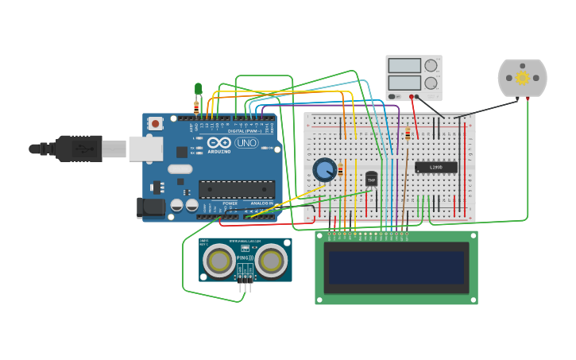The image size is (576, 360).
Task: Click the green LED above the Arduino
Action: click(x=198, y=88)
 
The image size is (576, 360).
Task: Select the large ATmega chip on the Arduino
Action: click(x=237, y=189)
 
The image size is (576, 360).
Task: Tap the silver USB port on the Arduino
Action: click(x=145, y=149)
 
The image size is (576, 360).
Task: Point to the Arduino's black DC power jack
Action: click(x=150, y=208)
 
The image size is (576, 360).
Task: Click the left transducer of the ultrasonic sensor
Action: click(x=219, y=260)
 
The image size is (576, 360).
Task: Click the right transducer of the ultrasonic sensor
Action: click(x=271, y=260)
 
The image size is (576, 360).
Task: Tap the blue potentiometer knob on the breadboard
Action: click(x=324, y=169)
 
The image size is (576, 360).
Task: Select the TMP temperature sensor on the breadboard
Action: click(x=371, y=179)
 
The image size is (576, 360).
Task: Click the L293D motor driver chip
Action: click(x=436, y=167)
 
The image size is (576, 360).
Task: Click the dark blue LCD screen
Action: click(x=396, y=267)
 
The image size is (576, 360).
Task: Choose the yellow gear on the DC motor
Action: click(x=522, y=77)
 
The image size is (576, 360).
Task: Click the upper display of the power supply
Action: click(x=404, y=66)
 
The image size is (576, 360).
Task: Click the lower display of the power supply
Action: click(x=404, y=82)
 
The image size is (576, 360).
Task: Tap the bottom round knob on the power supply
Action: click(x=431, y=82)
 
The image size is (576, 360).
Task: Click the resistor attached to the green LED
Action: click(x=195, y=106)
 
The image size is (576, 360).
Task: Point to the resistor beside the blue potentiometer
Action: click(x=341, y=169)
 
